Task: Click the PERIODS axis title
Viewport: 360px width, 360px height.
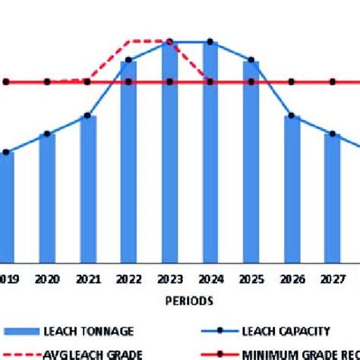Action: (x=189, y=300)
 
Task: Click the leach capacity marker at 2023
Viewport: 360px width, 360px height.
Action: (x=169, y=42)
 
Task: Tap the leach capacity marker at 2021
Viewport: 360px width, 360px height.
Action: (x=87, y=115)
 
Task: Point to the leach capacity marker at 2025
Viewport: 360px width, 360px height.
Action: (x=251, y=59)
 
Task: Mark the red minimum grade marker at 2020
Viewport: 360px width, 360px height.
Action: (x=47, y=81)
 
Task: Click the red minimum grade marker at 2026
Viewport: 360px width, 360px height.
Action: (x=292, y=81)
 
